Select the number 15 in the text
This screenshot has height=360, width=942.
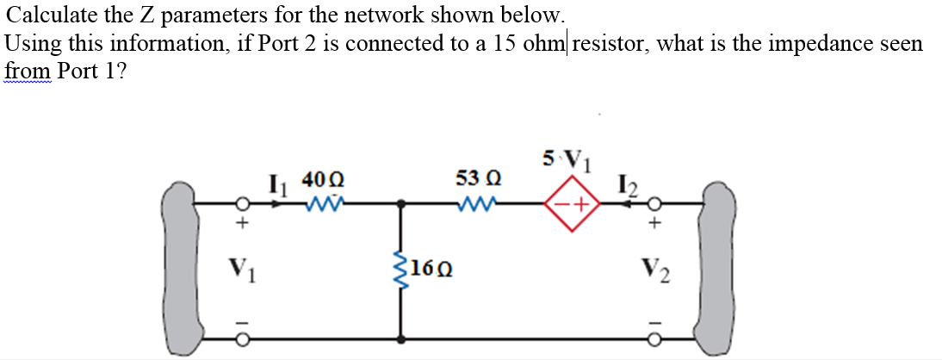[507, 42]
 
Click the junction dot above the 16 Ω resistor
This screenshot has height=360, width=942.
[400, 205]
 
